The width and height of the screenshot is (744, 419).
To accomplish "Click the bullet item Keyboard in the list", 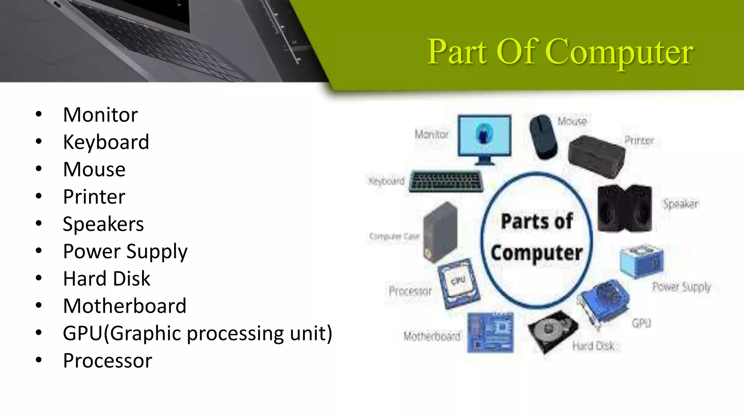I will click(106, 142).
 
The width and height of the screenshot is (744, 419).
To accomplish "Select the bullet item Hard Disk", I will click(106, 279).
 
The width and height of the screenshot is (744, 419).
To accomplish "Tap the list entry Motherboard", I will click(125, 306).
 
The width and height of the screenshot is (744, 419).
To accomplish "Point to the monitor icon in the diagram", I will click(484, 138).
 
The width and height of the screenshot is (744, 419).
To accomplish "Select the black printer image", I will click(596, 156).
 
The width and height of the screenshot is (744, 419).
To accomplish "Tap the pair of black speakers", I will click(624, 208).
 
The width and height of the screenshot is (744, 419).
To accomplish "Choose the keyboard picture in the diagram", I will click(446, 181).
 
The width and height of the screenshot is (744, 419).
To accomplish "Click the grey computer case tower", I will click(440, 232).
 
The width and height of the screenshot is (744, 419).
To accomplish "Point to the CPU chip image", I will click(458, 283).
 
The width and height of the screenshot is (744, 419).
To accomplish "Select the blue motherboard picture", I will click(490, 332).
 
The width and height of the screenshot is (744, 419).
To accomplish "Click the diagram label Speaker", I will click(680, 204).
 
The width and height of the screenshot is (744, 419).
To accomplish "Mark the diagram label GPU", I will click(641, 323).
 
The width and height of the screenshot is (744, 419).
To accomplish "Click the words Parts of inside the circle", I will click(537, 221).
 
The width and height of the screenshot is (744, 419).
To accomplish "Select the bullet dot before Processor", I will click(39, 360).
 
